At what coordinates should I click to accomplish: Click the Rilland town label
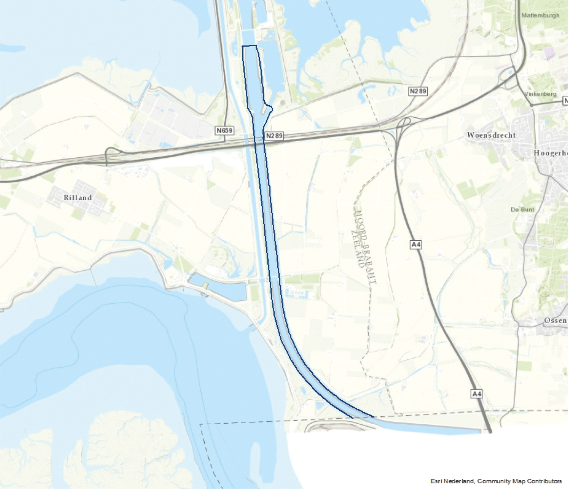pos(77,198)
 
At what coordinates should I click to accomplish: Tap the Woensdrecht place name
pos(491,135)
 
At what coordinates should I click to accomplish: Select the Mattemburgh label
pos(540,15)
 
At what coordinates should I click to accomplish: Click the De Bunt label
pos(523,210)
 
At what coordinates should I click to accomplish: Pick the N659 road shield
pos(224,130)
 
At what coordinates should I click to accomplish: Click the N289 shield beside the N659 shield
pos(274,136)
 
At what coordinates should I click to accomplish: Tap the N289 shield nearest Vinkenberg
pos(418,91)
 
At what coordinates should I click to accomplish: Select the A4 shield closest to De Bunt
pos(416,244)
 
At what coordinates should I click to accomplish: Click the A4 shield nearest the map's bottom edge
pos(477,393)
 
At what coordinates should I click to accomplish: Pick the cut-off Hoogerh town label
pos(550,153)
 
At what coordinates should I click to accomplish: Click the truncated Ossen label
pos(555,320)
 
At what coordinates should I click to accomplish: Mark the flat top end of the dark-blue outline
pos(249,46)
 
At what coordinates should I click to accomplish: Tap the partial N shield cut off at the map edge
pos(565,101)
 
